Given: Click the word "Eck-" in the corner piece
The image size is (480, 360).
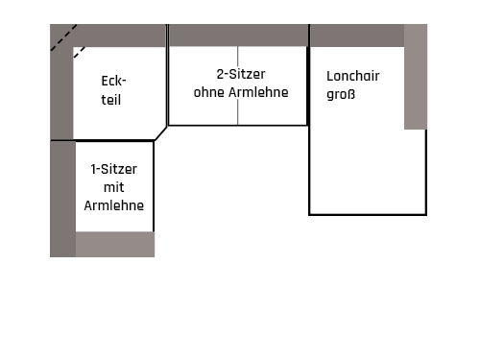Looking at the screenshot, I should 113,82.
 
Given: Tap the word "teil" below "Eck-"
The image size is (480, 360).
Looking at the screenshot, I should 111,99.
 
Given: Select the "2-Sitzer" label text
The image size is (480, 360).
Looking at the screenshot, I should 240,74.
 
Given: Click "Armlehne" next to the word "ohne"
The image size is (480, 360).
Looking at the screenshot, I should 256,92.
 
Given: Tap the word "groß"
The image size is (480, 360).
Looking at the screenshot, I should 327,95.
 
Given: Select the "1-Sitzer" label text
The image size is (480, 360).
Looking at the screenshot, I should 114,169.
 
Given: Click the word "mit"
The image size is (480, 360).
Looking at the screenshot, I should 113,187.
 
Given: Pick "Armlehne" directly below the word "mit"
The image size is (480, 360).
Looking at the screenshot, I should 113,205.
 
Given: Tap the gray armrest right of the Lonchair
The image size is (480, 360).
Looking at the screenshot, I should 415,77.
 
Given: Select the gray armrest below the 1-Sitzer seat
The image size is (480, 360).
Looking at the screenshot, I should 114,244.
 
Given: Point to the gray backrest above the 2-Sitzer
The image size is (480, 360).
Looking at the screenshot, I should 238,36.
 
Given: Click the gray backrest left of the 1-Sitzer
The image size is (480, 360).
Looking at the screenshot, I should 61,197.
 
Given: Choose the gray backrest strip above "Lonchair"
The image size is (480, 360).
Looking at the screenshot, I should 355,36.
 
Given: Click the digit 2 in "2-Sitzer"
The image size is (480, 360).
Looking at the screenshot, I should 220,74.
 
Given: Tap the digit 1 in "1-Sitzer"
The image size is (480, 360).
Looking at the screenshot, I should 93,169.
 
